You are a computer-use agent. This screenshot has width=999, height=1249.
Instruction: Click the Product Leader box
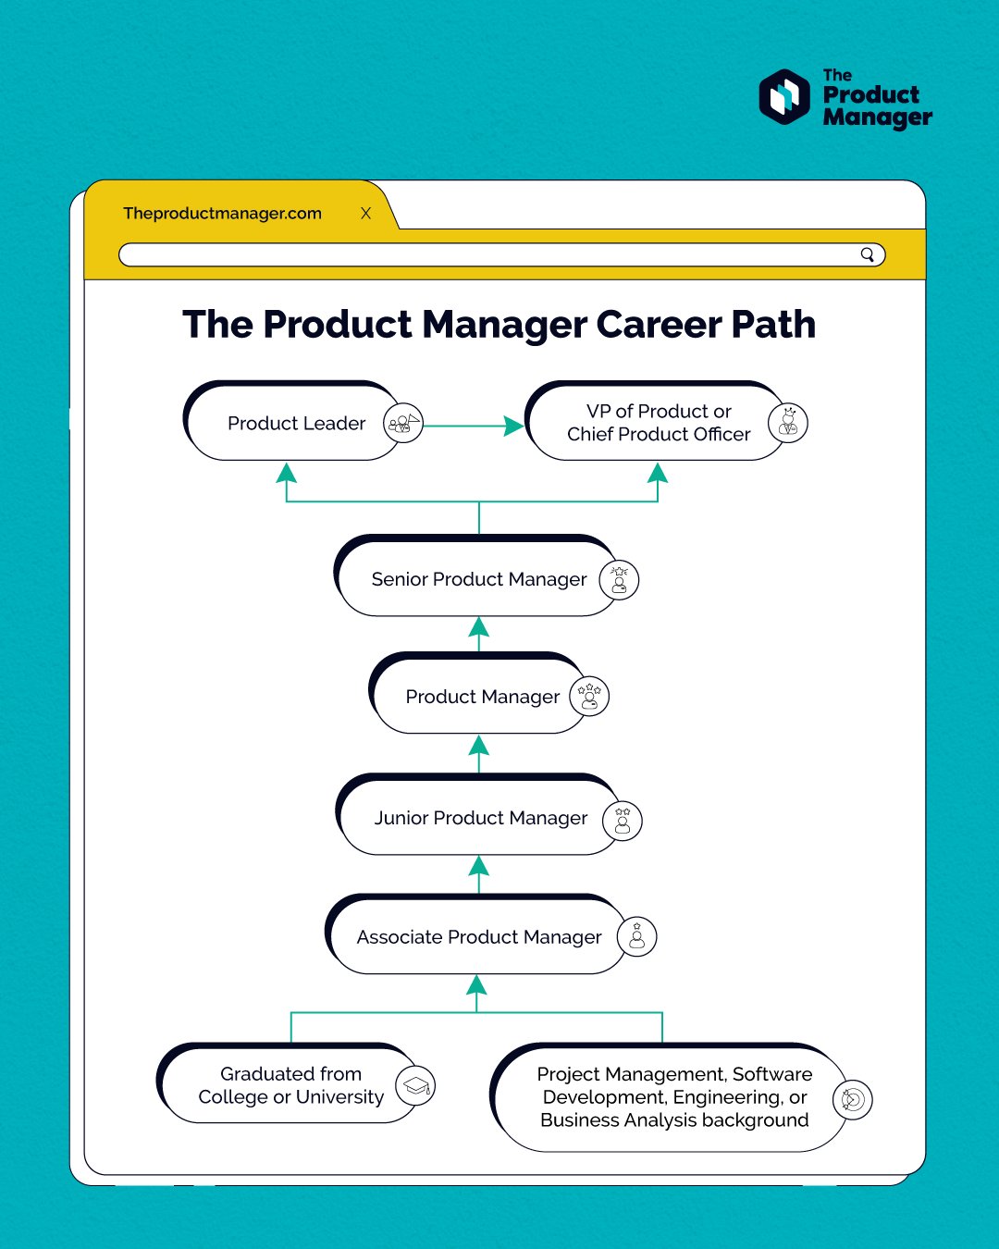(x=296, y=423)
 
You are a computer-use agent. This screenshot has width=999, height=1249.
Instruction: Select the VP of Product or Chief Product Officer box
(x=658, y=423)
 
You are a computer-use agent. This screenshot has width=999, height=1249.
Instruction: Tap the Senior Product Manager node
(x=478, y=579)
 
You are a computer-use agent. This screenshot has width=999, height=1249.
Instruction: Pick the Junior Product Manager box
(x=480, y=818)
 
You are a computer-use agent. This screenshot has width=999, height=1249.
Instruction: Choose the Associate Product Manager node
(x=478, y=937)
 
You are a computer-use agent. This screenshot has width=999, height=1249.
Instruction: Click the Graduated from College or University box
(x=290, y=1085)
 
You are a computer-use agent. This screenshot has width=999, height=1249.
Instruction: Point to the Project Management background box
(x=673, y=1097)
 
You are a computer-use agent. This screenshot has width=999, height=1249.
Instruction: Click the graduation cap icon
(x=415, y=1086)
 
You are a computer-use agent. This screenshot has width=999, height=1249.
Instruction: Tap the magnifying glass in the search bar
(x=867, y=254)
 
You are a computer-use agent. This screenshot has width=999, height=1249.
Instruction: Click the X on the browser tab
(x=365, y=213)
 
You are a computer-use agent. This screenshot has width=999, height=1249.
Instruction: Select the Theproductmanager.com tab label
(x=222, y=213)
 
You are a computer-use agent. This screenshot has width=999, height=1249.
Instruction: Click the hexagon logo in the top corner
(x=784, y=97)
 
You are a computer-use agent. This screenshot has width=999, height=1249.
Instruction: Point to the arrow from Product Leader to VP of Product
(x=472, y=426)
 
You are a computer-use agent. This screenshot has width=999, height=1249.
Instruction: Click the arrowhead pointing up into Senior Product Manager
(x=478, y=628)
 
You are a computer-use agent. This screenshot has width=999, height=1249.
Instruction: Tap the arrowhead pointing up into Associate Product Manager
(x=476, y=984)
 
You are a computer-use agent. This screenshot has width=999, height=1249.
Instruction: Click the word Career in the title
(x=659, y=325)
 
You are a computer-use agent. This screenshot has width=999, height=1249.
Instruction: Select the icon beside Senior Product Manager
(x=619, y=580)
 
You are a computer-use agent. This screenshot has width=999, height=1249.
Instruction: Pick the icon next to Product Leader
(x=403, y=424)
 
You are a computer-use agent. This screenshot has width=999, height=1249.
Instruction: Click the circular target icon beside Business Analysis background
(x=852, y=1099)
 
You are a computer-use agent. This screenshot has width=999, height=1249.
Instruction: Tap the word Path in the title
(x=773, y=325)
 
